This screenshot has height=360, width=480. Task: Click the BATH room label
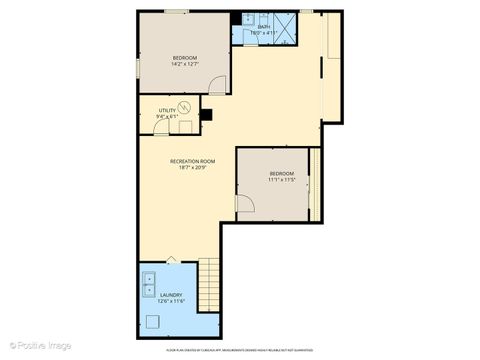coord(264,26)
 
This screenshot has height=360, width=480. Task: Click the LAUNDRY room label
coord(171,295)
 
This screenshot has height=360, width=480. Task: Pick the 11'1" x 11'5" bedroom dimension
coord(281,181)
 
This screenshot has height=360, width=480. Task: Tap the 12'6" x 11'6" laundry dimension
coord(171,302)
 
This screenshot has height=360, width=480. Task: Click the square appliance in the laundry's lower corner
coord(152,321)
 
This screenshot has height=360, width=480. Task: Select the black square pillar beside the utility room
coord(207,112)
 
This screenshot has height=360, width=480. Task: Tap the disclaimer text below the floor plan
coord(240,351)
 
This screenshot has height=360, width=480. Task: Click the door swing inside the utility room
coord(185,125)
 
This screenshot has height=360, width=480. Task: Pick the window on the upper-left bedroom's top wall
coord(177,11)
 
